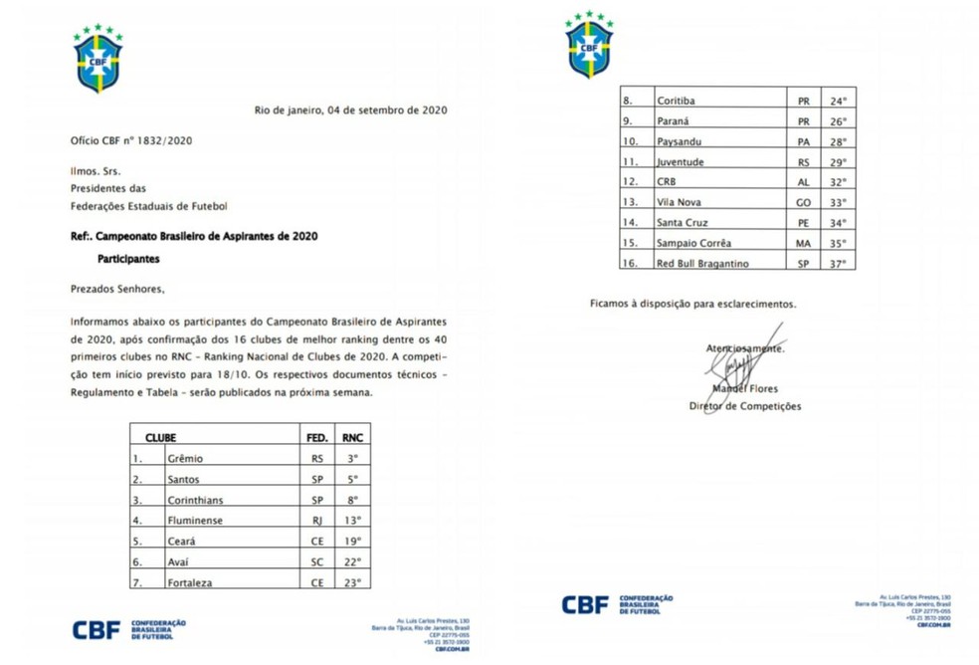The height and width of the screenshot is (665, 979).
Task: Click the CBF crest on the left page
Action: pos(98,59)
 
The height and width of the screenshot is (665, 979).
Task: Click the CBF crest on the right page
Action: pos(589,45)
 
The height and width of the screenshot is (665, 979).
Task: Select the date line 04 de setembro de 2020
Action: pos(350,111)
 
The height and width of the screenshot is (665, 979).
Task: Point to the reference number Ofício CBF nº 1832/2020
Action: pos(130,140)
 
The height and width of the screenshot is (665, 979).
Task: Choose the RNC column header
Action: pos(352,437)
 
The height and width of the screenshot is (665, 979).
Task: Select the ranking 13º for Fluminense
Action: pos(352,520)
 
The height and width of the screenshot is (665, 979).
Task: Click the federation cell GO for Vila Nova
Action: pos(801,202)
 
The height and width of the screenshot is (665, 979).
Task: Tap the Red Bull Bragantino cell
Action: pos(702,263)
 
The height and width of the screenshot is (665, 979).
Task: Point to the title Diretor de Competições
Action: pos(745,406)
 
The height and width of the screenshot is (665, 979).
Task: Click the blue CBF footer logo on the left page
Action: pos(97,629)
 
